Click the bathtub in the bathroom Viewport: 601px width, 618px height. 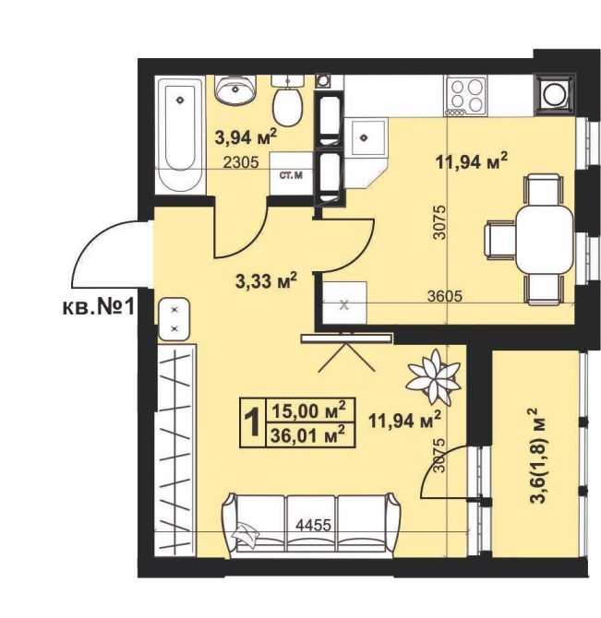pyautogui.click(x=181, y=135)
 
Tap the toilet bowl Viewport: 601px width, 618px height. pyautogui.click(x=288, y=101)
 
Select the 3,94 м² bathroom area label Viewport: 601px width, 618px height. pyautogui.click(x=246, y=137)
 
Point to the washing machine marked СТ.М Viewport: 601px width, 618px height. pyautogui.click(x=292, y=174)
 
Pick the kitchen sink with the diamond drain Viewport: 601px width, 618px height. pyautogui.click(x=365, y=137)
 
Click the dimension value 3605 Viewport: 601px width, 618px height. pyautogui.click(x=444, y=295)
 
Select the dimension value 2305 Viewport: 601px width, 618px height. pyautogui.click(x=241, y=162)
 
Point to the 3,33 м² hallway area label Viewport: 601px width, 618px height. pyautogui.click(x=266, y=280)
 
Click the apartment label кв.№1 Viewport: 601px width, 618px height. pyautogui.click(x=99, y=306)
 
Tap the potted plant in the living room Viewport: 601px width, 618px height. pyautogui.click(x=434, y=376)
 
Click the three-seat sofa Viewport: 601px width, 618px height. pyautogui.click(x=311, y=525)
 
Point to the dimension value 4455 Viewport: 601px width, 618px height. pyautogui.click(x=314, y=526)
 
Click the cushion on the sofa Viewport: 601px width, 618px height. pyautogui.click(x=246, y=533)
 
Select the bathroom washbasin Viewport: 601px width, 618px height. pyautogui.click(x=235, y=89)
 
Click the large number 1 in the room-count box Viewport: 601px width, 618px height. pyautogui.click(x=252, y=422)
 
